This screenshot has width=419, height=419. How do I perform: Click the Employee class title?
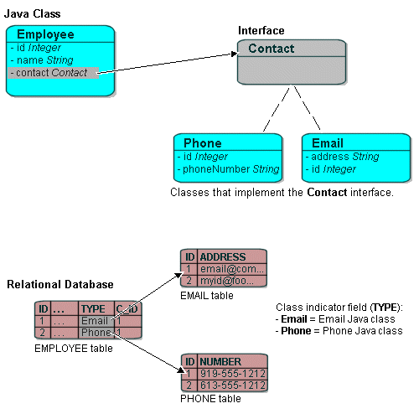45,34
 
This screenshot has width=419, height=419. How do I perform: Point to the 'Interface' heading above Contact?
261,30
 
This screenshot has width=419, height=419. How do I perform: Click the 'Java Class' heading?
33,14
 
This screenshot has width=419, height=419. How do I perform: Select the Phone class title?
202,142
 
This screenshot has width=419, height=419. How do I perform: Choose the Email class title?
327,142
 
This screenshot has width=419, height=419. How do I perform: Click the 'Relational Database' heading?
59,285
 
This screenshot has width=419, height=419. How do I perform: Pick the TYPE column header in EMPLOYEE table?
92,308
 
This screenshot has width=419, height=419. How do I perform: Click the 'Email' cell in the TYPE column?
93,321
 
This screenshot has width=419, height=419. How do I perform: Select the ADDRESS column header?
223,256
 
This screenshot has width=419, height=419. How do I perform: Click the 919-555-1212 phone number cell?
232,374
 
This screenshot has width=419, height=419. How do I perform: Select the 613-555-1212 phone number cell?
232,385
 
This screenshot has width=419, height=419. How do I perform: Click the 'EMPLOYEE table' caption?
73,348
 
